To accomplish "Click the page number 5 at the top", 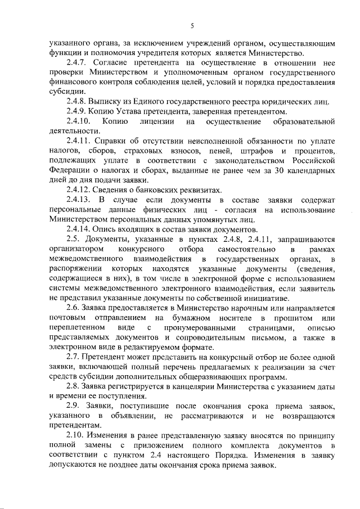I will [x=192, y=25].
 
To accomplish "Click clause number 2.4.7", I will [x=76, y=61].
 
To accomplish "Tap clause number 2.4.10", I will [x=78, y=121].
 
